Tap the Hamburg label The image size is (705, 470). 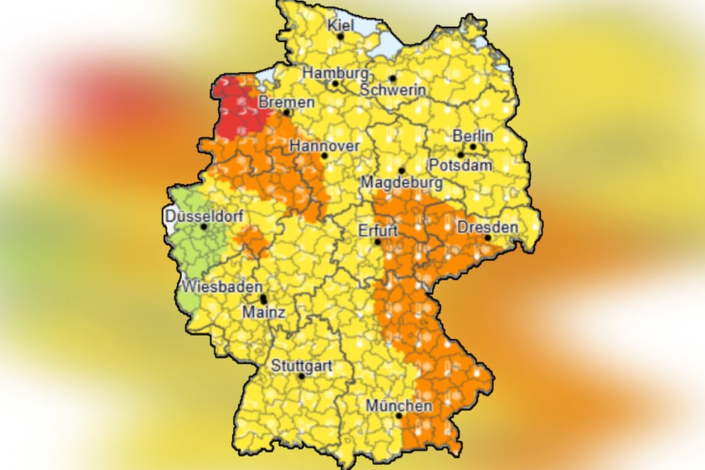335,74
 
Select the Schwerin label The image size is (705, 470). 393,90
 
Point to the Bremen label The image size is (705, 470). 286,102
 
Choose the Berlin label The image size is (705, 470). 472,136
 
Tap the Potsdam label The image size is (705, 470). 464,165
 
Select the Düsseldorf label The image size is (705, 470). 203,216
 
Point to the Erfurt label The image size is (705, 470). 378,230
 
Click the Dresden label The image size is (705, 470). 488,227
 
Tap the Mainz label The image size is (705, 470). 263,313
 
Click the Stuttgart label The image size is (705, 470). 301,365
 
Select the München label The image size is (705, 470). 399,406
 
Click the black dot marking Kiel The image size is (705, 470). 341,36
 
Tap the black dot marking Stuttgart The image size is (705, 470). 301,376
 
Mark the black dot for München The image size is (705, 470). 400,416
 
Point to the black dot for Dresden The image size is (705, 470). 488,237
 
